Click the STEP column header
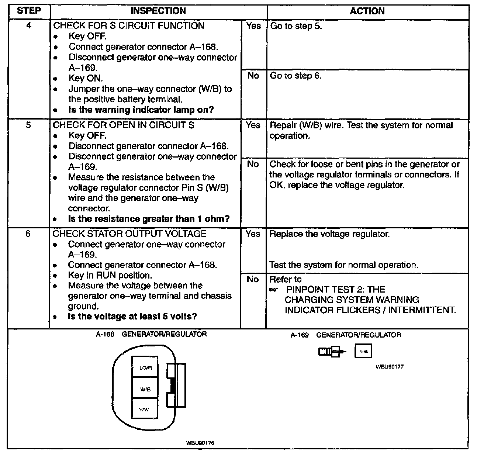pos(29,11)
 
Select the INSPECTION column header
pos(158,11)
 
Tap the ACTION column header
pos(367,11)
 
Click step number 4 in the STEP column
pos(29,26)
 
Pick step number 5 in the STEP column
pos(28,125)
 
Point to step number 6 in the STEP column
pos(28,234)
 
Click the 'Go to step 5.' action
pos(296,26)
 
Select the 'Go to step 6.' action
pos(296,76)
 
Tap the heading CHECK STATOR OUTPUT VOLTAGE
pos(129,234)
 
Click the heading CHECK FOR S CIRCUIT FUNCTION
pos(129,26)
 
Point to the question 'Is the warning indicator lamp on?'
pos(141,110)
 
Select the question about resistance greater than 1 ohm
pos(149,219)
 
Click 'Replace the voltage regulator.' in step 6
pos(329,234)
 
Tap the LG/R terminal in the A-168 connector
pos(145,367)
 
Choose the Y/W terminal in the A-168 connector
pos(145,409)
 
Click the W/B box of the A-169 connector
pos(363,351)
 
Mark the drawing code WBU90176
pos(200,443)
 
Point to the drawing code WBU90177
pos(390,367)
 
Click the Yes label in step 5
pos(253,125)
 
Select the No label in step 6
pos(253,280)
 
